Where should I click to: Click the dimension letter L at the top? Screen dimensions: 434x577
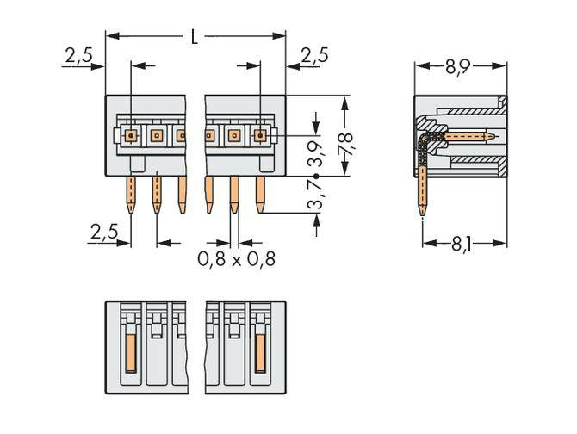195,36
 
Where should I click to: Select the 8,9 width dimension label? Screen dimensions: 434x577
460,65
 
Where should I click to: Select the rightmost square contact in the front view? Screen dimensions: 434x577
259,135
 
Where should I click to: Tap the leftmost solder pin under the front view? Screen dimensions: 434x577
131,193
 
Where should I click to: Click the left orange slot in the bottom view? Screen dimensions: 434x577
131,353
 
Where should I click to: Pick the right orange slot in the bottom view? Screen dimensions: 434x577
259,353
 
